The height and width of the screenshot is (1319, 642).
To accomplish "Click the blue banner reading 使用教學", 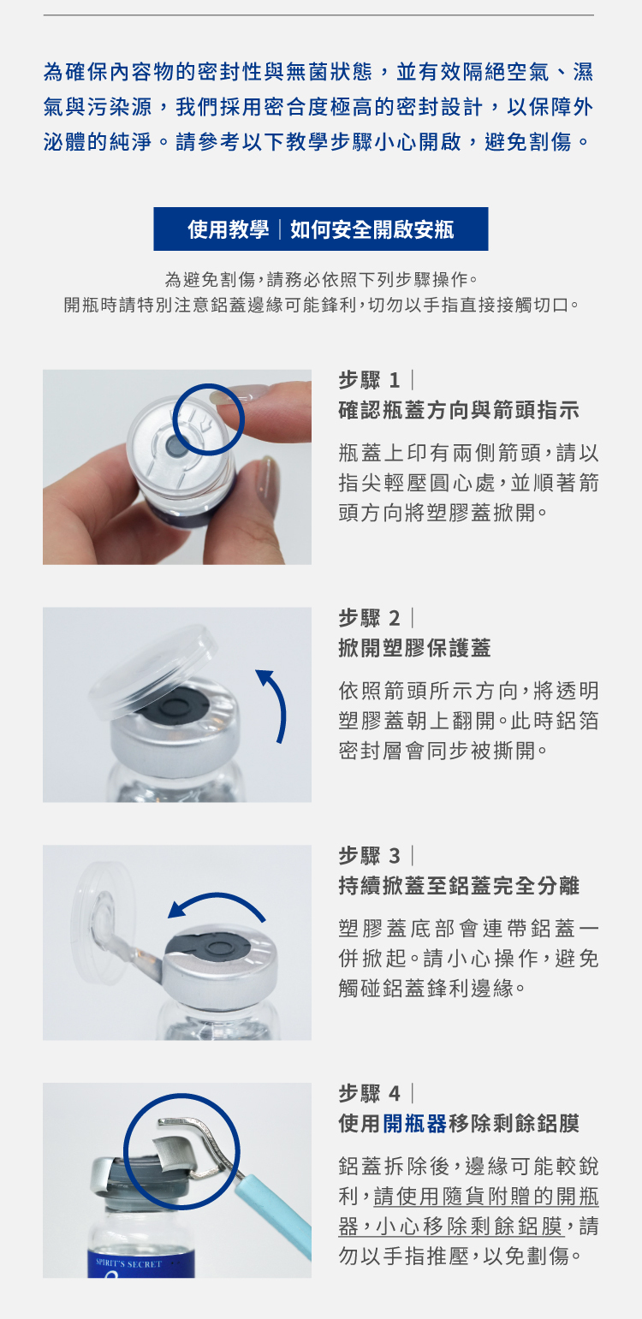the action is coord(320,229).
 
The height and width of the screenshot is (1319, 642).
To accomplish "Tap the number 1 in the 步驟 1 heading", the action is coord(395,380).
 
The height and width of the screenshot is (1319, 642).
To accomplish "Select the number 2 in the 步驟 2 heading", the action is coord(395,618).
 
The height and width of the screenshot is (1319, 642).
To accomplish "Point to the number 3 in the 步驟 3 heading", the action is coord(395,856).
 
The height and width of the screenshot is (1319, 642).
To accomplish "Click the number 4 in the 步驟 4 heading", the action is coord(395,1094).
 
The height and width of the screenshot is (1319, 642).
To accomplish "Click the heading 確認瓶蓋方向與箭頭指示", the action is coord(459,410).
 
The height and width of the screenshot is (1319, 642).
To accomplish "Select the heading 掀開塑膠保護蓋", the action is coord(414,648).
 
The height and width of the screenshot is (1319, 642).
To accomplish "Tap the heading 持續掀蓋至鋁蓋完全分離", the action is coord(459,886).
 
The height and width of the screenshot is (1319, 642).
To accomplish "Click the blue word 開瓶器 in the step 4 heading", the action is coord(414,1124).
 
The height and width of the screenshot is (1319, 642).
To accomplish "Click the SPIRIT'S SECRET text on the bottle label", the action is coord(129,1264).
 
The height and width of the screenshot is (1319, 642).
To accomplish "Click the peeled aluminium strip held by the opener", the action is coord(172,1152).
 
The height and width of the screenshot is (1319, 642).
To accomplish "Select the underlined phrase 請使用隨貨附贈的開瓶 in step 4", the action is coord(486,1196).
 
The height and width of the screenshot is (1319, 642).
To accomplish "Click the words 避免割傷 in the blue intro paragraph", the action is coord(528,141).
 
